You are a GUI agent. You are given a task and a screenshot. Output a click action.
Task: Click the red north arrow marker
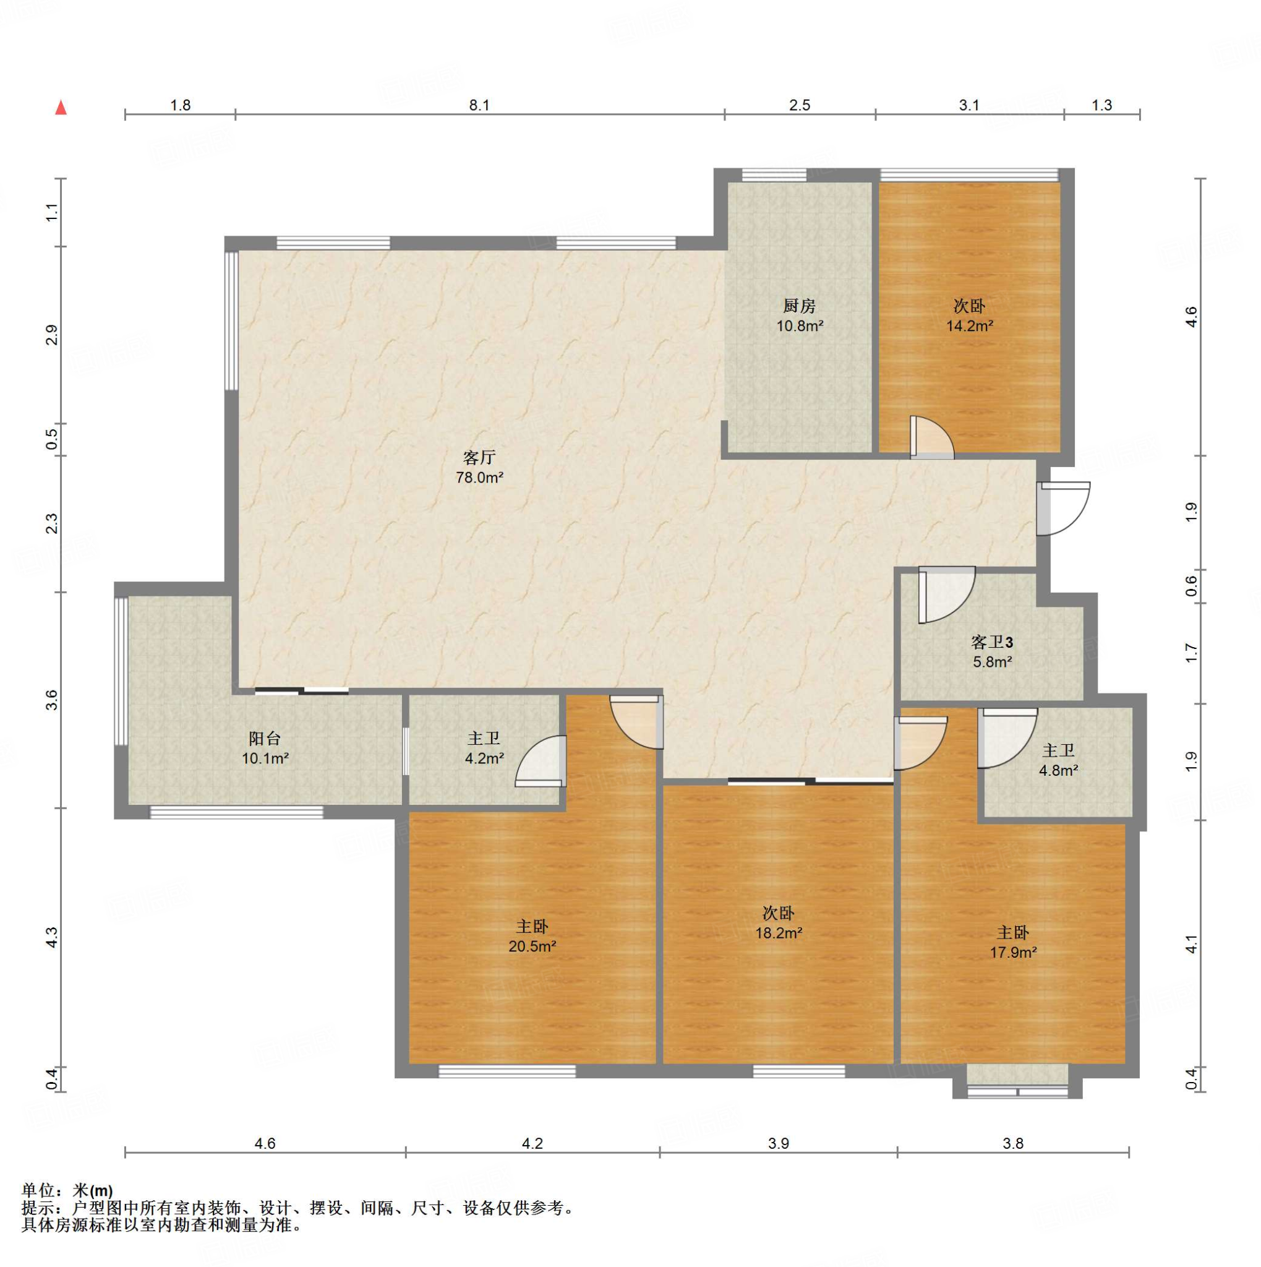(61, 108)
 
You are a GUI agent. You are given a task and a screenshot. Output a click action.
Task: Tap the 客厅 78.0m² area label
(479, 467)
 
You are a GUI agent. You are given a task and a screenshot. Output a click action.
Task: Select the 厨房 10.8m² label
(800, 316)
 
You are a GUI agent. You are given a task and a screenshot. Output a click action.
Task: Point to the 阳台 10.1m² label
(265, 749)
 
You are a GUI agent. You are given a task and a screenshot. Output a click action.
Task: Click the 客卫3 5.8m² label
(991, 652)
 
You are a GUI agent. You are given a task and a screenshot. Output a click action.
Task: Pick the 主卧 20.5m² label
(532, 936)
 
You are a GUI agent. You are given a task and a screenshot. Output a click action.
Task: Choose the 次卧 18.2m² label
(779, 922)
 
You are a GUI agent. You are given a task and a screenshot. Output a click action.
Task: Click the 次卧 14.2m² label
(969, 316)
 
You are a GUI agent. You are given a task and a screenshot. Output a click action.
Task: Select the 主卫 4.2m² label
(484, 749)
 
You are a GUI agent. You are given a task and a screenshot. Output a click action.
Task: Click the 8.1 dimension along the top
(479, 105)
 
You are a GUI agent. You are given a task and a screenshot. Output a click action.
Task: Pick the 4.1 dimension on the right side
(1192, 945)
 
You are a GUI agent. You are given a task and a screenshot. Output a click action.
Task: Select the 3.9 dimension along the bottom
(779, 1144)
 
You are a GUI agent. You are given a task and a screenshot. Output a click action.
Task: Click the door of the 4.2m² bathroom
(541, 761)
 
